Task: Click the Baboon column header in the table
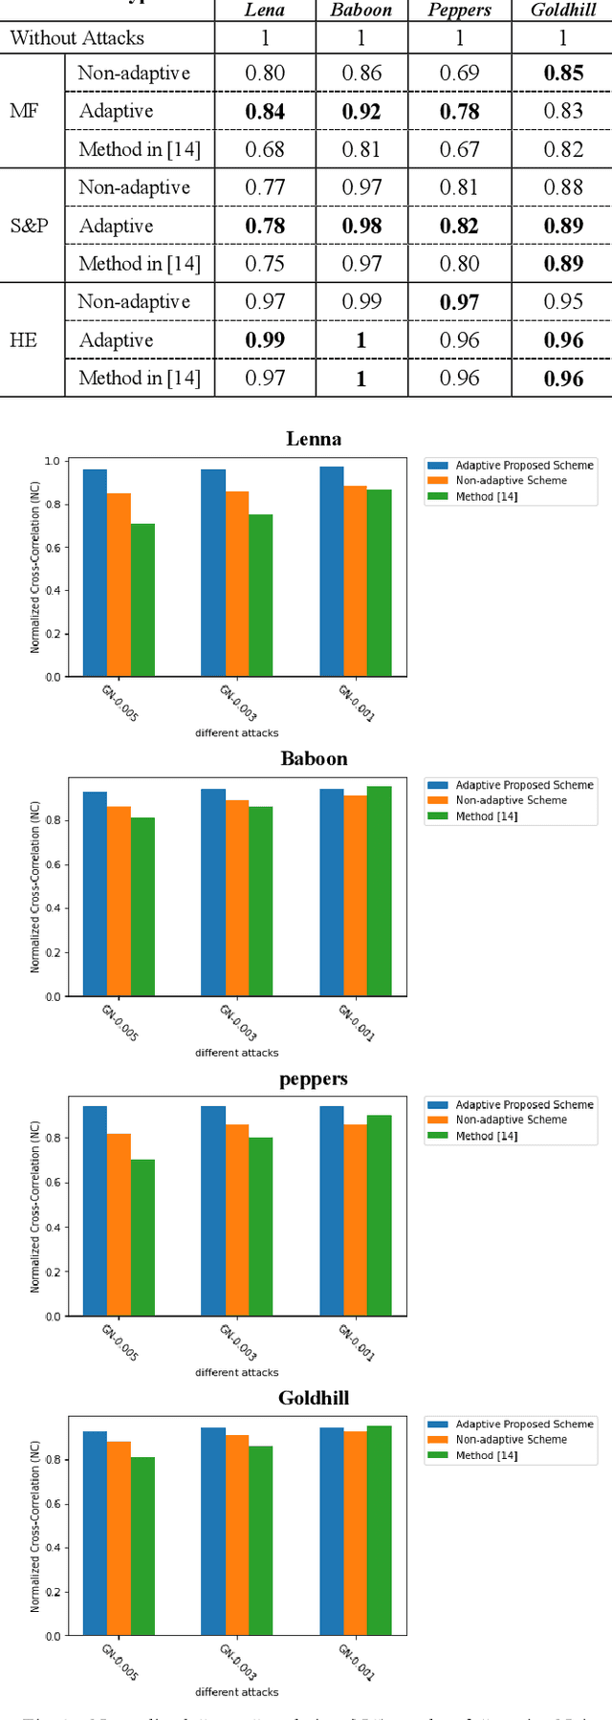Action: click(361, 11)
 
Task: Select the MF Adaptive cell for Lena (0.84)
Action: click(265, 112)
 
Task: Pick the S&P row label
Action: click(29, 227)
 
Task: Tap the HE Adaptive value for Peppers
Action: click(460, 340)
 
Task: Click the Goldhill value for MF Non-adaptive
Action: click(563, 74)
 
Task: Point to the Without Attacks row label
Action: click(77, 38)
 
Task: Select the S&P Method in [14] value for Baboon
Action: click(361, 264)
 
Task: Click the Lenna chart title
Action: click(314, 440)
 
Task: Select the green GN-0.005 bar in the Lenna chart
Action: click(142, 600)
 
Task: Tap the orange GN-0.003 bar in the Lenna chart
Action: click(237, 584)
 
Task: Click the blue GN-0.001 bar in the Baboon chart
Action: click(332, 892)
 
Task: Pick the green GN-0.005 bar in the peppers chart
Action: click(142, 1237)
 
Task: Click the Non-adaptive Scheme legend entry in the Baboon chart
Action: click(511, 801)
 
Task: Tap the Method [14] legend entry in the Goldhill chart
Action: click(486, 1455)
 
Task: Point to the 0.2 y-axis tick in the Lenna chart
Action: click(52, 634)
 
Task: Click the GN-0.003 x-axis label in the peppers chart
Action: click(238, 1342)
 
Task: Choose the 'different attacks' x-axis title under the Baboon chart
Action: click(237, 1053)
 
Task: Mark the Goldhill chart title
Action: click(314, 1399)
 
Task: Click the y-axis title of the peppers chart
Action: click(35, 1207)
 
